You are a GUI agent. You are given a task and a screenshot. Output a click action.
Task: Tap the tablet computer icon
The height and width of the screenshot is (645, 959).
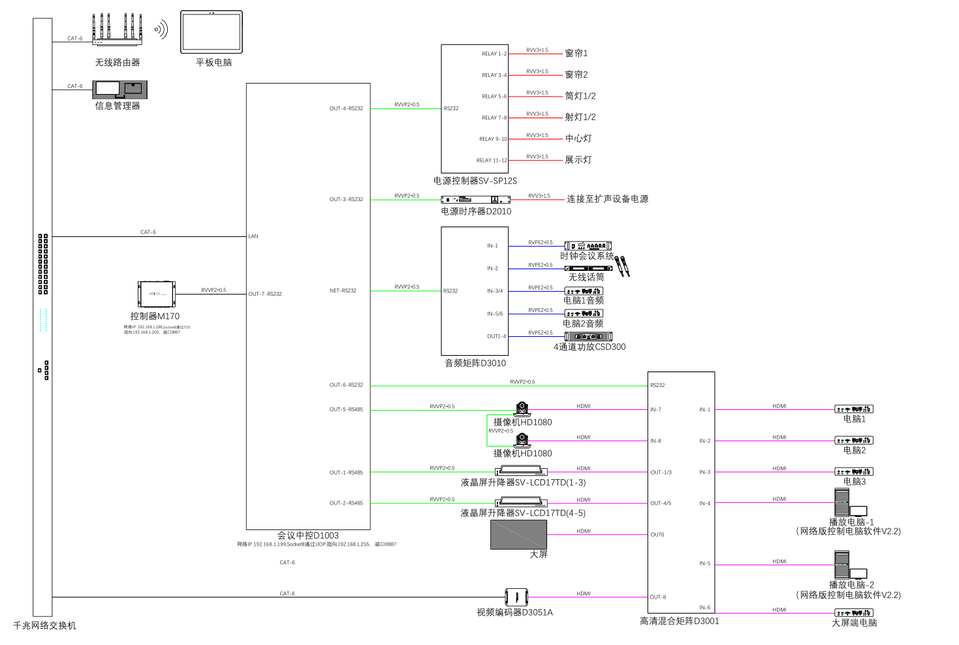coord(211,32)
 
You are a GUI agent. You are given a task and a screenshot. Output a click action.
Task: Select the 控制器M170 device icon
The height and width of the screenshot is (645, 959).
coord(157,294)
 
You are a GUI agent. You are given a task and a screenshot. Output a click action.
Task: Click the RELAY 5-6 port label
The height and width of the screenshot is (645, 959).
coord(494,97)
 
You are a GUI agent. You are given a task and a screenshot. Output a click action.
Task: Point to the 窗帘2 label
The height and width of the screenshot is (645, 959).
coord(576,75)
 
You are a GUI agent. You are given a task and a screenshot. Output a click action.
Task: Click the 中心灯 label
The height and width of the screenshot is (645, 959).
coord(578,138)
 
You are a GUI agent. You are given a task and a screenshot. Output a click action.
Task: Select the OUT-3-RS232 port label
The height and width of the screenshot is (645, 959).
coord(346,200)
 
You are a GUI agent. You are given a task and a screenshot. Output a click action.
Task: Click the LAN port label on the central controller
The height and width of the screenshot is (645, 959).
coord(253,236)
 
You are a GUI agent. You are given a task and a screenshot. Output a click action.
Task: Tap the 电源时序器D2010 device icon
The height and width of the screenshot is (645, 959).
coord(475,200)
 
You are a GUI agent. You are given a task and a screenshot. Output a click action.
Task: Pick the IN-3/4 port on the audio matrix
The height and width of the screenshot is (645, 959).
coord(495,291)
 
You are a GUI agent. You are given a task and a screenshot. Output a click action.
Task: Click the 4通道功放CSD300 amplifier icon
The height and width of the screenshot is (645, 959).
coord(588,336)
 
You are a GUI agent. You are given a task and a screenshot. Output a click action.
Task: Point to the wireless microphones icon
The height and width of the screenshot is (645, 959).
coord(622,266)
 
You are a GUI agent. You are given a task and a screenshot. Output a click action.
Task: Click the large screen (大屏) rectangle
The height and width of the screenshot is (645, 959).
coord(518,535)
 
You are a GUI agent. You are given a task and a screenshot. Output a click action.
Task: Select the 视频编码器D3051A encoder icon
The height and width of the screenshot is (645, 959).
coord(516,597)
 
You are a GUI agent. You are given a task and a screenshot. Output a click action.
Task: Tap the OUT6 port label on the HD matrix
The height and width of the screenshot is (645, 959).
coord(657,535)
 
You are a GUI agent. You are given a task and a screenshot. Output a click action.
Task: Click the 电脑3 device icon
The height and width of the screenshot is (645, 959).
coord(854,471)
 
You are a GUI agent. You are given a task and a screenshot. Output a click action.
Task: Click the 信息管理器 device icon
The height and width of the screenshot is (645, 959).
coord(119,89)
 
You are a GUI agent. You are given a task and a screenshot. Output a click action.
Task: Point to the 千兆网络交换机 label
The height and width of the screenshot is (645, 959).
coord(44,625)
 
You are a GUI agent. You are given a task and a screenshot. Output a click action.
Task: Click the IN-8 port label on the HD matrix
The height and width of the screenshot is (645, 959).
coord(655,441)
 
